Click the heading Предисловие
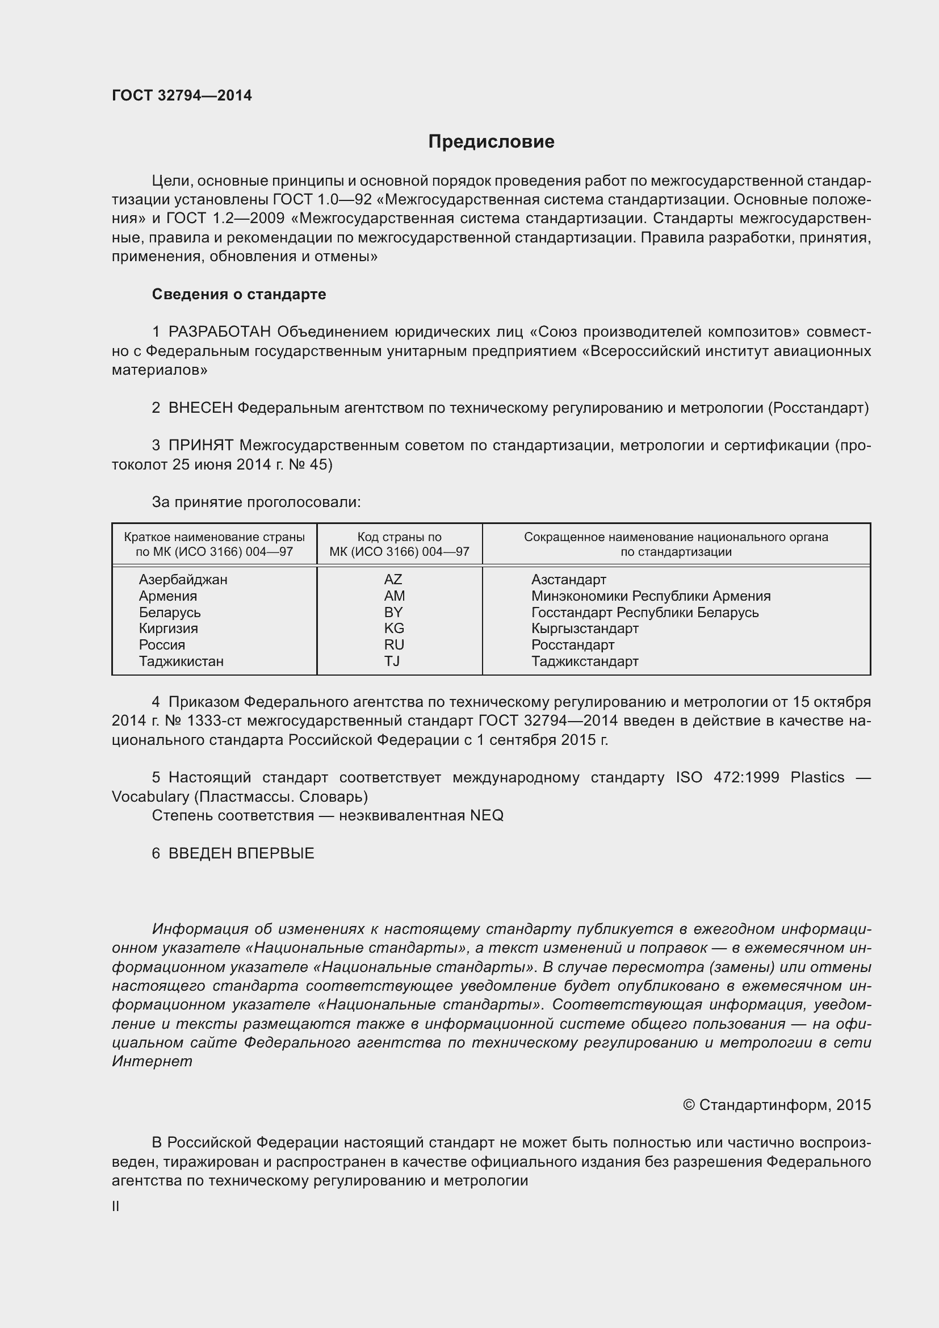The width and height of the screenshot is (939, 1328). pyautogui.click(x=491, y=142)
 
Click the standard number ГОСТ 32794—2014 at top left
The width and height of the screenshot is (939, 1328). pyautogui.click(x=182, y=95)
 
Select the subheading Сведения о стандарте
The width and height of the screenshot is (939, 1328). pyautogui.click(x=239, y=295)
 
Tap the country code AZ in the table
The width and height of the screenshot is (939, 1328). pyautogui.click(x=393, y=579)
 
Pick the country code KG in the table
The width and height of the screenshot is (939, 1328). pyautogui.click(x=394, y=628)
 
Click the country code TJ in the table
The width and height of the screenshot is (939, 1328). pyautogui.click(x=392, y=661)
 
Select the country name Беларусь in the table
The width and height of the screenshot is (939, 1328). pyautogui.click(x=169, y=612)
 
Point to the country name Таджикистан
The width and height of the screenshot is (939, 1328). pyautogui.click(x=181, y=661)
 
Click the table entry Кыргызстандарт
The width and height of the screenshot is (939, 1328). pyautogui.click(x=585, y=628)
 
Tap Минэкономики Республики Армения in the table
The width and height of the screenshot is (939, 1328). pyautogui.click(x=651, y=596)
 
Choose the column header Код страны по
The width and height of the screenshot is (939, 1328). pyautogui.click(x=399, y=537)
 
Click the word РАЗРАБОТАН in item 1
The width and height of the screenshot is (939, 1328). pyautogui.click(x=220, y=332)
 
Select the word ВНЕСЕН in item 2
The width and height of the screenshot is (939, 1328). pyautogui.click(x=200, y=408)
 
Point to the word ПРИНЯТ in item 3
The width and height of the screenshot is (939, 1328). pyautogui.click(x=200, y=445)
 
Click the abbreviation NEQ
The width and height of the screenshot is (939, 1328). pyautogui.click(x=487, y=815)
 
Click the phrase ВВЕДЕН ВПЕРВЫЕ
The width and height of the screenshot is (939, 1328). pyautogui.click(x=241, y=853)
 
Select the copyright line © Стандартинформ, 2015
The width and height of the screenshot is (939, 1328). pyautogui.click(x=777, y=1105)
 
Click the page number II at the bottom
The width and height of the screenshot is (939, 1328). pyautogui.click(x=116, y=1206)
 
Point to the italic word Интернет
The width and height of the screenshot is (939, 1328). pyautogui.click(x=152, y=1061)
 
